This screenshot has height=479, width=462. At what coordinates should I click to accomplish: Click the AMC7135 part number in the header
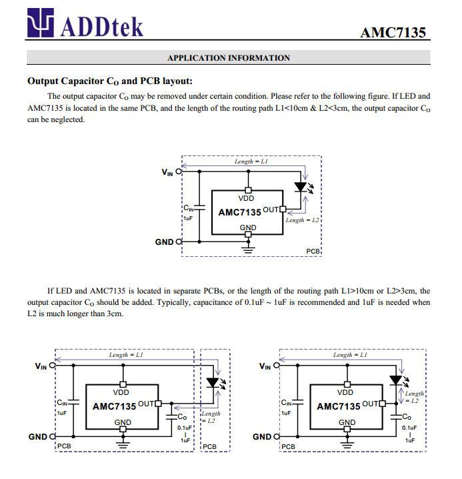(393, 32)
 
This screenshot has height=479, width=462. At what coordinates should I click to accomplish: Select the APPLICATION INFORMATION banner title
(228, 58)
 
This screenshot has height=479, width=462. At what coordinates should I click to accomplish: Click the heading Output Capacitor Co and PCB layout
(109, 81)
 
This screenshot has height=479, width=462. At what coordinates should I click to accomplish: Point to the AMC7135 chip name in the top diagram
(240, 212)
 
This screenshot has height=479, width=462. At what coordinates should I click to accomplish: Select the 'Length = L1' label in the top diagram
(251, 162)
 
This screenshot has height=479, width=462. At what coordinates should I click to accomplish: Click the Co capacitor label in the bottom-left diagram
(182, 417)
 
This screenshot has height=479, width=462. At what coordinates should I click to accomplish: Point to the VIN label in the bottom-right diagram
(265, 366)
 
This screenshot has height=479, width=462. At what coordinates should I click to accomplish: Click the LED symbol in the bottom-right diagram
(395, 380)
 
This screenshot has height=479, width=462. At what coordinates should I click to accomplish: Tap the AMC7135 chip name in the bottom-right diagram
(338, 406)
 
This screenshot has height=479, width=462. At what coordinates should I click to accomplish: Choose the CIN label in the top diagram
(190, 209)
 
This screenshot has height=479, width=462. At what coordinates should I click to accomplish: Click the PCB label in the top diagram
(313, 251)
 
